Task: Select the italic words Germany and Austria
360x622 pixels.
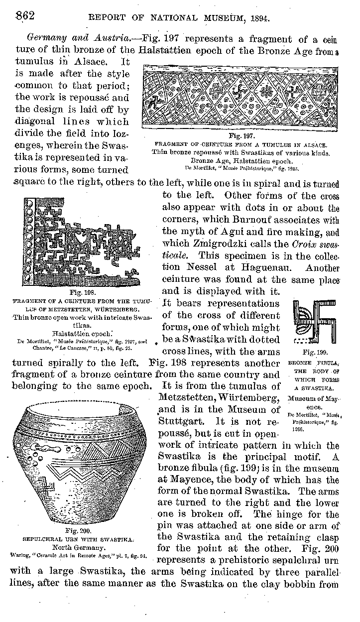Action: pyautogui.click(x=59, y=38)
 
